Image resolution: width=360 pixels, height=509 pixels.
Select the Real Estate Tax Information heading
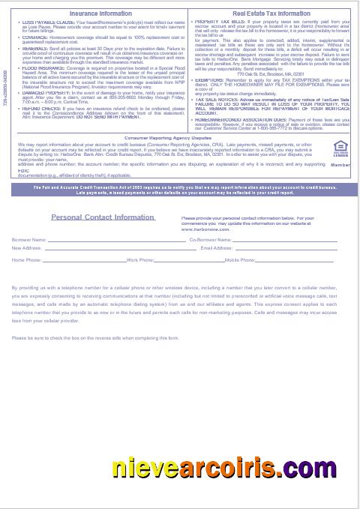coord(271,13)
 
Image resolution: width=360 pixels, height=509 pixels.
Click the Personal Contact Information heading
coord(103,217)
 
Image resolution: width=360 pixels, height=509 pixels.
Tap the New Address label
coord(26,247)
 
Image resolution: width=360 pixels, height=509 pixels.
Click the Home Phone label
coord(27,259)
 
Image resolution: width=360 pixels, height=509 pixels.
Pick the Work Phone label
coord(140,259)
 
